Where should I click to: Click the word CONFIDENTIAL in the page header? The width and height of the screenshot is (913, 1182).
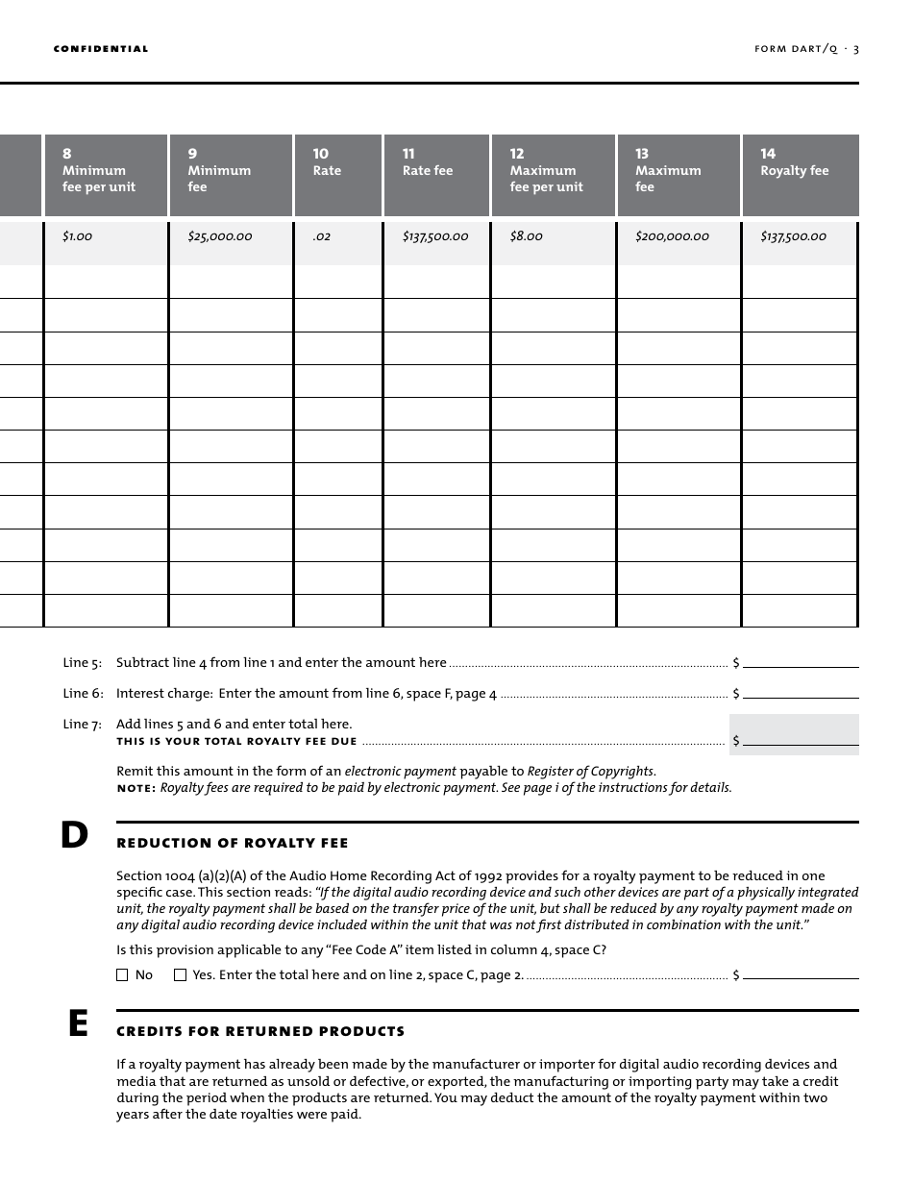coord(101,49)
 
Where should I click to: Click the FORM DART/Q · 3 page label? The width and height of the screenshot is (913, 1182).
coord(806,49)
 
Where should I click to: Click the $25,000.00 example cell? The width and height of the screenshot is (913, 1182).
coord(220,236)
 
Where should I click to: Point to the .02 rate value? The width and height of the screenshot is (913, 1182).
coord(322,236)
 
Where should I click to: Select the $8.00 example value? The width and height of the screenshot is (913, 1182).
coord(526,236)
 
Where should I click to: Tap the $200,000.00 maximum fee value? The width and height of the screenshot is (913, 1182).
coord(672,236)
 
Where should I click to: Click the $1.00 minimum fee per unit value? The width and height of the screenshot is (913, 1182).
coord(78,236)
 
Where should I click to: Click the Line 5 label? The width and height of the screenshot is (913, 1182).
coord(83,663)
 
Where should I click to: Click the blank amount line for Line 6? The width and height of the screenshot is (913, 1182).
coord(801,692)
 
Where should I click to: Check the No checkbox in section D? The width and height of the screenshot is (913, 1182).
coord(122,975)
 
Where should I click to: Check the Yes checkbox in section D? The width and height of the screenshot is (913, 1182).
coord(180,975)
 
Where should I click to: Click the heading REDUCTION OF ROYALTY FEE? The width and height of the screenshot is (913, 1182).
coord(232,844)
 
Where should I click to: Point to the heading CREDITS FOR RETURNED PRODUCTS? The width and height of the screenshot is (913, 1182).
coord(260,1032)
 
